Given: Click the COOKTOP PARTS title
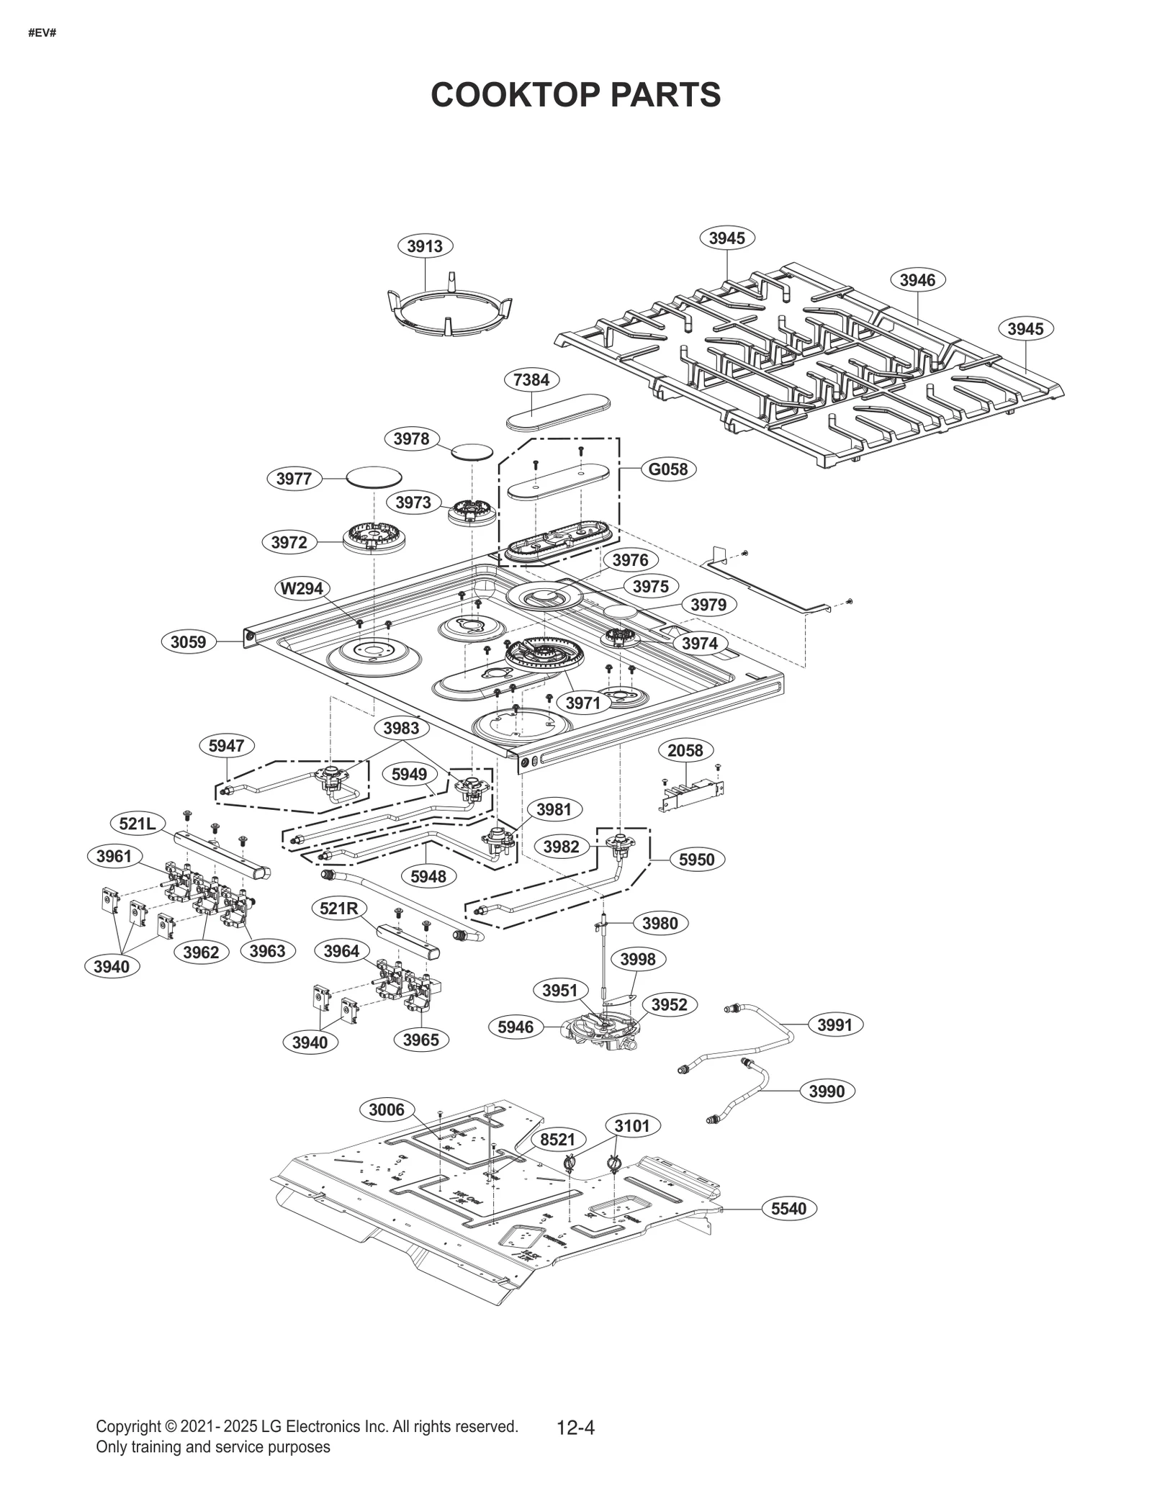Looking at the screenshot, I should click(x=575, y=94).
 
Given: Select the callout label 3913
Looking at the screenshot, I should click(x=425, y=246).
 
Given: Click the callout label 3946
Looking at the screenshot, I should click(x=917, y=280).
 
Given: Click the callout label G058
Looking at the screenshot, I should click(x=667, y=469).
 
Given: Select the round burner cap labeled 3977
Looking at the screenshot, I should click(x=374, y=476).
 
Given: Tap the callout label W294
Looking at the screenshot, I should click(x=302, y=588).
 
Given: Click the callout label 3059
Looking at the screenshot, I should click(x=188, y=641).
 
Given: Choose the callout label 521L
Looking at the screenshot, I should click(x=138, y=823).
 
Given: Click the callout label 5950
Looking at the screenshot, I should click(x=696, y=860).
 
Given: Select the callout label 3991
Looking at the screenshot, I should click(x=834, y=1024).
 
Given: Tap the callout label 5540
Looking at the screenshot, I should click(x=788, y=1209).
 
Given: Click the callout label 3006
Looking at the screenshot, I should click(x=387, y=1109).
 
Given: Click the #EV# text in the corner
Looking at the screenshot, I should click(x=42, y=33).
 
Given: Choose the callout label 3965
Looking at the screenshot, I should click(x=420, y=1040).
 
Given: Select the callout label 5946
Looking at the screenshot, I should click(x=516, y=1027).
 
